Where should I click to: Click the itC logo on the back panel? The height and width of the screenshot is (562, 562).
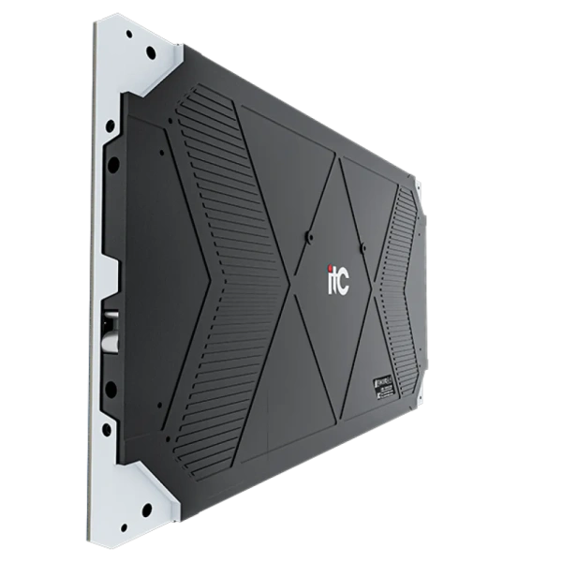click(336, 280)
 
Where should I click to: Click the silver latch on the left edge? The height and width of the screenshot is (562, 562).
click(111, 323)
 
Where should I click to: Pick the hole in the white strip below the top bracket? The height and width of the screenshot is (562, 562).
click(111, 125)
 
